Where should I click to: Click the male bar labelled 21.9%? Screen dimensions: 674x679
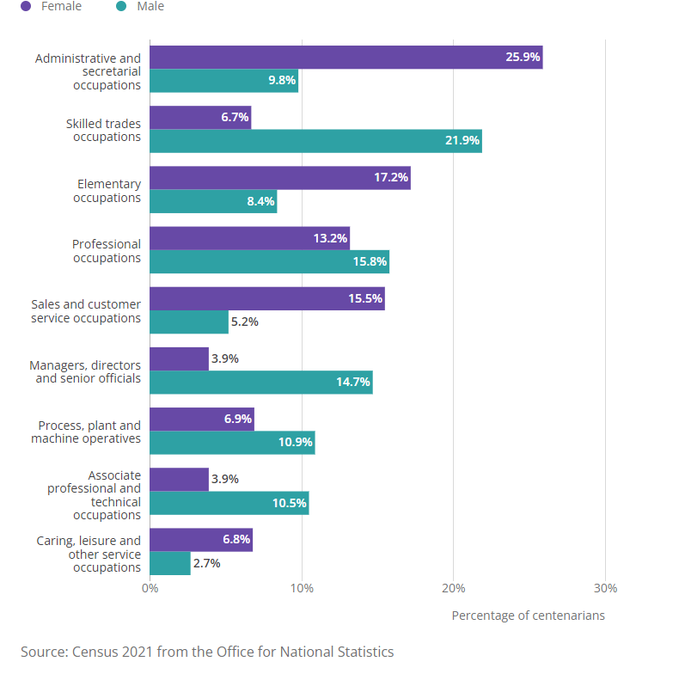click(315, 141)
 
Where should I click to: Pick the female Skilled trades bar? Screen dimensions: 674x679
click(200, 118)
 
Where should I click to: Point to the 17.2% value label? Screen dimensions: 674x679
click(390, 178)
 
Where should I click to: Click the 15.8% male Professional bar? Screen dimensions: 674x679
click(269, 261)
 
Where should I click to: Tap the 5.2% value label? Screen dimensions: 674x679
click(245, 322)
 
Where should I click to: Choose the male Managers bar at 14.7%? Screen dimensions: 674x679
click(260, 383)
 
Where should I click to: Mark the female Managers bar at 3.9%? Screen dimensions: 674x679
click(179, 358)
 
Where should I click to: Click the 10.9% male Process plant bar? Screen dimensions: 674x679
click(232, 443)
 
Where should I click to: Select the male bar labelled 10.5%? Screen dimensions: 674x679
click(229, 503)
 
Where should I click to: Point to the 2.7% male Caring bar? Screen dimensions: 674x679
click(170, 564)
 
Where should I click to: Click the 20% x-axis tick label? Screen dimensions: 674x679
click(453, 589)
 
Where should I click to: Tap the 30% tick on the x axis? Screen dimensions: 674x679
click(605, 589)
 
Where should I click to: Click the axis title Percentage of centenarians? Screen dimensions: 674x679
click(528, 616)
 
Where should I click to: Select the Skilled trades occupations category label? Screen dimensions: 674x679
click(103, 130)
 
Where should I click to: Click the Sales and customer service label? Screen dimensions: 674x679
click(86, 311)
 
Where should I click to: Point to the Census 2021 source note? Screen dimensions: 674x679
click(207, 651)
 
